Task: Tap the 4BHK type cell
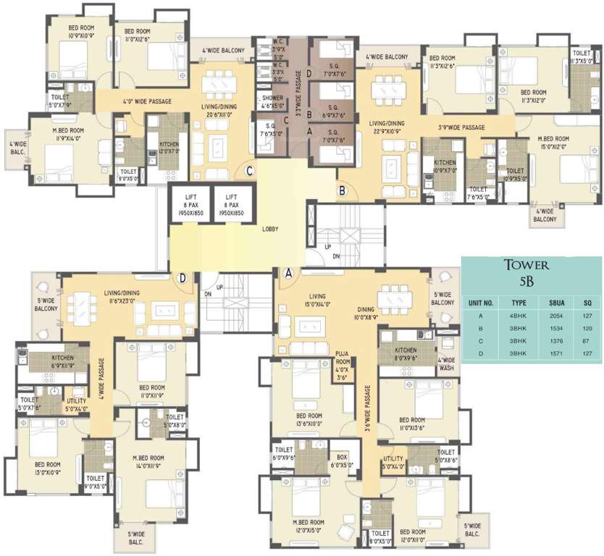coord(518,315)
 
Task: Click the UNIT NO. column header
coord(481,303)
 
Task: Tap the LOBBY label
coord(273,228)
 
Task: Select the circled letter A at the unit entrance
coord(288,274)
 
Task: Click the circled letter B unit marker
coord(343,191)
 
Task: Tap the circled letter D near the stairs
coord(183,277)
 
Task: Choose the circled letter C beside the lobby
coord(248,172)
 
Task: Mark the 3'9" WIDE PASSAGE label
coord(461,127)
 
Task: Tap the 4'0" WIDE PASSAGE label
coord(147,101)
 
